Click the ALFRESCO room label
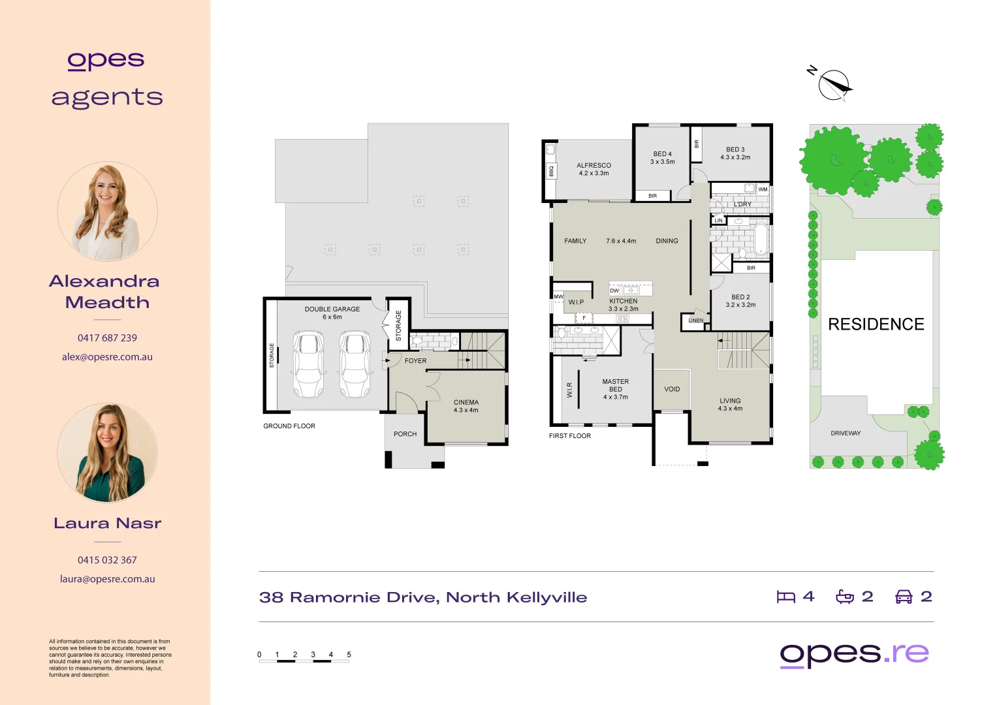pyautogui.click(x=593, y=166)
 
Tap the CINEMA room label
pyautogui.click(x=466, y=403)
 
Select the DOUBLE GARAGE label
pyautogui.click(x=332, y=309)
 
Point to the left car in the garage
pyautogui.click(x=308, y=364)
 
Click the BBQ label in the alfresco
pyautogui.click(x=551, y=171)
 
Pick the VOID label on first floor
pyautogui.click(x=672, y=389)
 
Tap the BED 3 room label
pyautogui.click(x=735, y=149)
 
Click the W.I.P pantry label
pyautogui.click(x=576, y=302)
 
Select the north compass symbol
pyautogui.click(x=834, y=85)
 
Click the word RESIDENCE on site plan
pyautogui.click(x=876, y=324)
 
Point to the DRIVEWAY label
pyautogui.click(x=846, y=433)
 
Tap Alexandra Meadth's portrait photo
pyautogui.click(x=107, y=211)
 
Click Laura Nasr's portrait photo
pyautogui.click(x=107, y=453)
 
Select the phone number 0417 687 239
pyautogui.click(x=107, y=338)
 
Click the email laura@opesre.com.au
pyautogui.click(x=107, y=579)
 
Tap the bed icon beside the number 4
pyautogui.click(x=785, y=597)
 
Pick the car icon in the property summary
pyautogui.click(x=903, y=597)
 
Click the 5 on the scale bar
pyautogui.click(x=349, y=655)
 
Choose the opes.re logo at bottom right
pyautogui.click(x=854, y=654)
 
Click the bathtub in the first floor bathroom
pyautogui.click(x=760, y=240)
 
